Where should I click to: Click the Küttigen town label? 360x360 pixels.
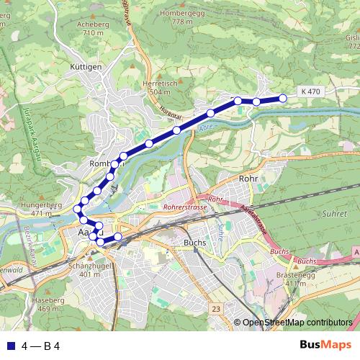86,66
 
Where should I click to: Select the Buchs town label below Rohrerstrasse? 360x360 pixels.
195,243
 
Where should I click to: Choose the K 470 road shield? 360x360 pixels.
310,91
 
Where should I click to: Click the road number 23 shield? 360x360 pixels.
215,308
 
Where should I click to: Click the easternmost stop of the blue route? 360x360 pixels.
283,98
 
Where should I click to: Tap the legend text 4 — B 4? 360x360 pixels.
40,346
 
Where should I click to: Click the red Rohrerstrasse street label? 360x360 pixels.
185,207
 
